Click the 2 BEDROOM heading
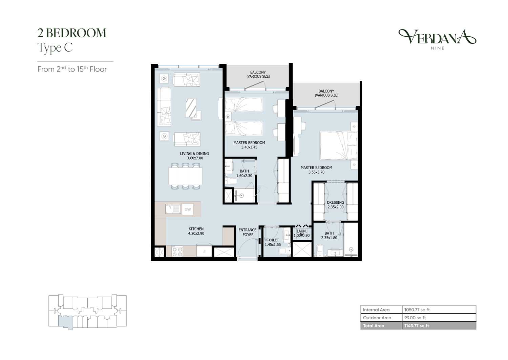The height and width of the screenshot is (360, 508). [72, 33]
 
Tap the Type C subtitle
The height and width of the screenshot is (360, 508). [55, 48]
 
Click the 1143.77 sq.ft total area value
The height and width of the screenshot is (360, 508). [417, 326]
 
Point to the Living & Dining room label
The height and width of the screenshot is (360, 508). [194, 156]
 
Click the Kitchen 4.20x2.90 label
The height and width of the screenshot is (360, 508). [196, 231]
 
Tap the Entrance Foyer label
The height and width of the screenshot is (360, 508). [248, 232]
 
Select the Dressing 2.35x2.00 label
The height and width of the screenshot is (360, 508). [335, 204]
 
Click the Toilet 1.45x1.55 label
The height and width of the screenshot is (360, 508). [273, 242]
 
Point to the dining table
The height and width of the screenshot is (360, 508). [186, 176]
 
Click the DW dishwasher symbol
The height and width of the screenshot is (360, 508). [188, 209]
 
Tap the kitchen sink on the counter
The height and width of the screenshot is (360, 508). [173, 209]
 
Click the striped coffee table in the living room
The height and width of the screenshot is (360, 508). [191, 108]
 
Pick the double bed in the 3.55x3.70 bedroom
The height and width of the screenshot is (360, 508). [339, 145]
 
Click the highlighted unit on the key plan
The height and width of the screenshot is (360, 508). [66, 322]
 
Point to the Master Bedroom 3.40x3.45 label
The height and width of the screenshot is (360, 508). [249, 145]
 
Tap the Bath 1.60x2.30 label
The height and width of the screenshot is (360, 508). [244, 174]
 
